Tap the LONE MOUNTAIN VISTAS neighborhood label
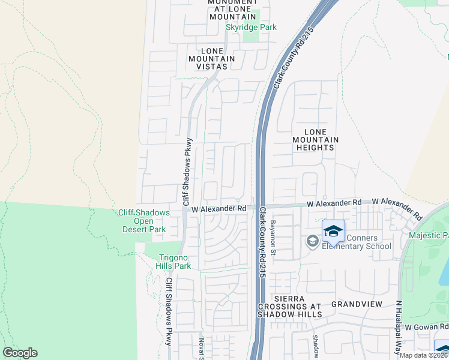tap(211, 58)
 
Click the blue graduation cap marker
tap(334, 230)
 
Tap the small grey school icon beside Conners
tap(312, 241)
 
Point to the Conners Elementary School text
tap(357, 241)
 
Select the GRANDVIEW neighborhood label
tap(357, 304)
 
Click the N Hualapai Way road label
tap(398, 327)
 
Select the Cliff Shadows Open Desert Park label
tap(144, 221)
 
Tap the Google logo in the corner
tap(20, 353)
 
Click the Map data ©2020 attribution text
tap(423, 355)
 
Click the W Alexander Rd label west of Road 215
tap(219, 208)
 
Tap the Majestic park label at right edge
tap(429, 235)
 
